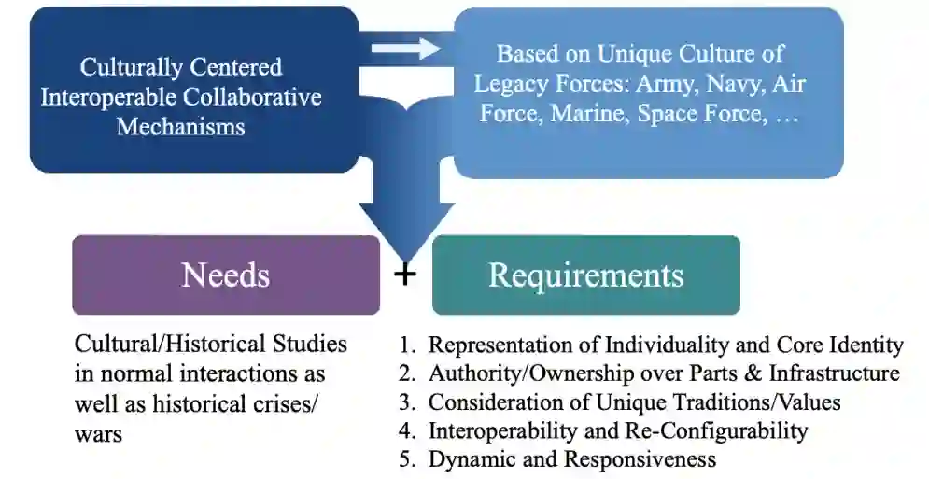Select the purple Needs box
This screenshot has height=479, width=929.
[226, 275]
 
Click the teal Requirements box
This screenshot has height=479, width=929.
[585, 275]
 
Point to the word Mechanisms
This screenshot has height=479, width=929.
[180, 126]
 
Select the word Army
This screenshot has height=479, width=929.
[666, 84]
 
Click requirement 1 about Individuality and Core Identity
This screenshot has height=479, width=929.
[665, 345]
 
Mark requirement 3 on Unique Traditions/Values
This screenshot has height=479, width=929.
[634, 402]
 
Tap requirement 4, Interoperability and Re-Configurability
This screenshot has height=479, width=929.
[617, 431]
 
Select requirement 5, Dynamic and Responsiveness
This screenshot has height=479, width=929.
[571, 459]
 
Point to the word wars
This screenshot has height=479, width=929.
[98, 433]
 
